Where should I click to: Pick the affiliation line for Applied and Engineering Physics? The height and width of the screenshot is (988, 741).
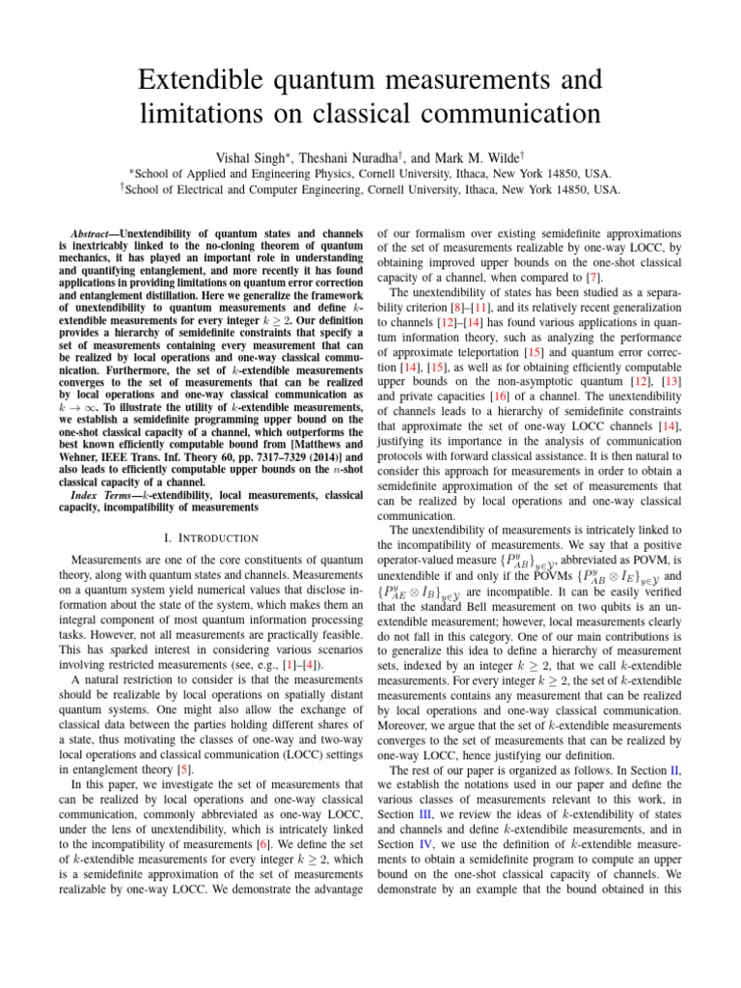coord(370,172)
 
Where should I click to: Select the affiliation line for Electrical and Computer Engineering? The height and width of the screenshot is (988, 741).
coord(370,189)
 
